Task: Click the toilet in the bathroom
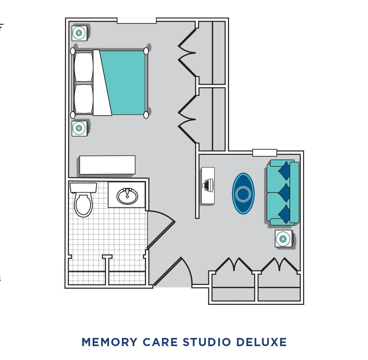pyautogui.click(x=83, y=202)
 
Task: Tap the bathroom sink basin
pyautogui.click(x=127, y=196)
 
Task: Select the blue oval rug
pyautogui.click(x=243, y=193)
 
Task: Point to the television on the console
pyautogui.click(x=209, y=185)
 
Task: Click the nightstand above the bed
pyautogui.click(x=79, y=33)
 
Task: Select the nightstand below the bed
pyautogui.click(x=79, y=128)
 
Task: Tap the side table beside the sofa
pyautogui.click(x=283, y=239)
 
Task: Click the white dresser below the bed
pyautogui.click(x=107, y=165)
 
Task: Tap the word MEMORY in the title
pyautogui.click(x=109, y=342)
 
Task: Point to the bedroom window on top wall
pyautogui.click(x=136, y=20)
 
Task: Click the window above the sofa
pyautogui.click(x=265, y=153)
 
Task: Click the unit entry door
pyautogui.click(x=172, y=271)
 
